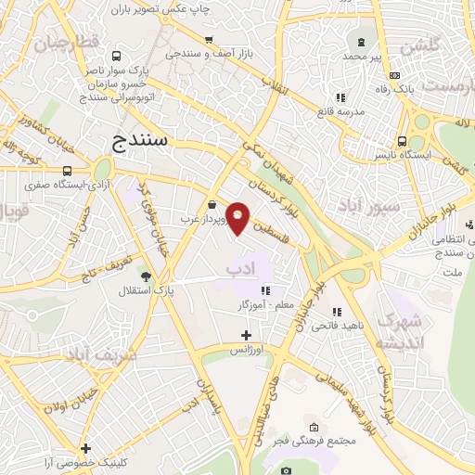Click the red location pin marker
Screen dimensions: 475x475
pos(238,217)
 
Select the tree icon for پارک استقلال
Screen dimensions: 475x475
pos(144,276)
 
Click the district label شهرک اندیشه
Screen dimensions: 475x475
pos(400,331)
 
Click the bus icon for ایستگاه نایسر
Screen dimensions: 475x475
pos(401,141)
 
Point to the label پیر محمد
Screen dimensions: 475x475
pos(362,57)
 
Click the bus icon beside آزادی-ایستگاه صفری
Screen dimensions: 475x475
pos(67,171)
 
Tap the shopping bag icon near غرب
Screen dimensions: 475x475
pos(213,204)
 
